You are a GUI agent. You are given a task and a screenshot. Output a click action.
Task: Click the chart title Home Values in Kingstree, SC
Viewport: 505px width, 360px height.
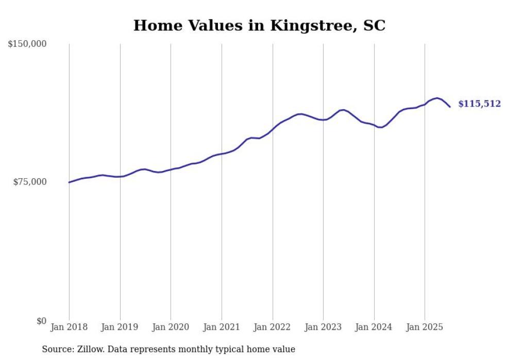coord(259,25)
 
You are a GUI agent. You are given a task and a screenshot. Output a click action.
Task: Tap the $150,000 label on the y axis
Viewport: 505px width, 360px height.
coord(27,44)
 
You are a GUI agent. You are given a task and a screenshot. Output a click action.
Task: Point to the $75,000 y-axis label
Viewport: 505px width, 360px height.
coord(29,182)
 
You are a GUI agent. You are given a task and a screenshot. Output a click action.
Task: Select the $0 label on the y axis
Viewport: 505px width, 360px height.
coord(41,321)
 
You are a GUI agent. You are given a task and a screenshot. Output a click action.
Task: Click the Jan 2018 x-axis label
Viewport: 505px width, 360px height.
coord(69,327)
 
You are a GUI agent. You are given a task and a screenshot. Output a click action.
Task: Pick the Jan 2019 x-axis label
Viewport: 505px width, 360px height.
coord(120,327)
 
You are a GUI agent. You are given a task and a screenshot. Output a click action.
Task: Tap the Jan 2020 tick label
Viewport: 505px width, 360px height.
coord(171,327)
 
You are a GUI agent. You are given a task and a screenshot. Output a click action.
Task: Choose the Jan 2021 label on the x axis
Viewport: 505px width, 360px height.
coord(222,327)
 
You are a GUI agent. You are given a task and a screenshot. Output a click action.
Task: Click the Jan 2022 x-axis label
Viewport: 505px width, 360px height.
coord(273,327)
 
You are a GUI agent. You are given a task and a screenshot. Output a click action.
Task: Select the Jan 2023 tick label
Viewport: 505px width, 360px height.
coord(323,327)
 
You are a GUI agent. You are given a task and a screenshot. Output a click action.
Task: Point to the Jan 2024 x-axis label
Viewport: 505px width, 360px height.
coord(374,327)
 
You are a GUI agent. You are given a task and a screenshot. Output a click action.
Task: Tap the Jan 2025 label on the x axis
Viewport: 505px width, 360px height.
coord(425,327)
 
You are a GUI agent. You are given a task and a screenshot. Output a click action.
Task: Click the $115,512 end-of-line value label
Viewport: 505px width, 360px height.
coord(479,104)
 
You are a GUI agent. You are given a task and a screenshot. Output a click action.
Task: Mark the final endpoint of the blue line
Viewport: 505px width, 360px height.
coord(450,107)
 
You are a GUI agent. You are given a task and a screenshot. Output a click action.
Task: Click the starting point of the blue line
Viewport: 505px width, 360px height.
coord(69,182)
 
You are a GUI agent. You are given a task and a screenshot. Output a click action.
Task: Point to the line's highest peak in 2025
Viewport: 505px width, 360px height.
coord(437,98)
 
